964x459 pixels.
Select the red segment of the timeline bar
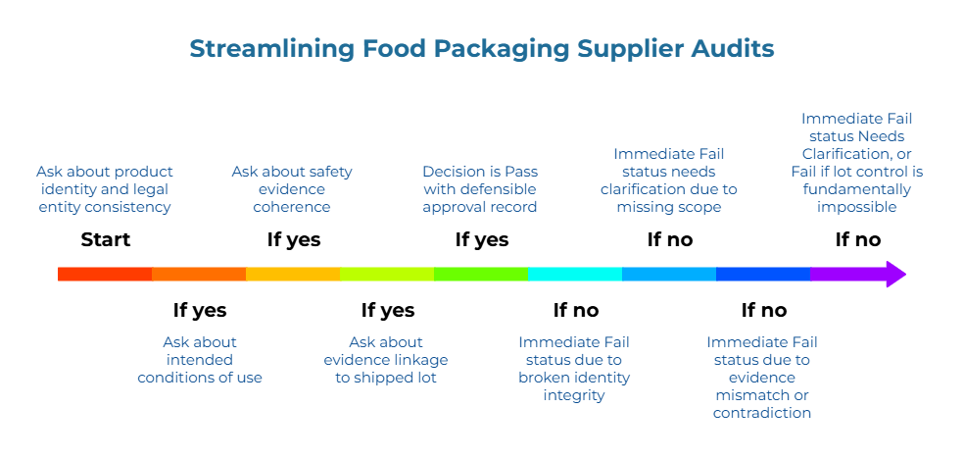tap(105, 274)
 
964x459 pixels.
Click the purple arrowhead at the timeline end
tap(895, 274)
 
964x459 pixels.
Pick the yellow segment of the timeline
tap(293, 274)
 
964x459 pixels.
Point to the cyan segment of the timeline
tap(575, 274)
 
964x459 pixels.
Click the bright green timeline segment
tap(481, 274)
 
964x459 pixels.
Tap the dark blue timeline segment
tap(763, 274)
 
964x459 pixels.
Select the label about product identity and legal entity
tap(105, 189)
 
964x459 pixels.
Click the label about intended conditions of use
tap(200, 360)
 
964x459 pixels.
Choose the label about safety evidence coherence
tap(292, 189)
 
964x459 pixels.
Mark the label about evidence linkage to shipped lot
tap(386, 360)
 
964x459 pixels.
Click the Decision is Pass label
tap(480, 189)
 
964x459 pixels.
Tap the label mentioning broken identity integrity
tap(574, 369)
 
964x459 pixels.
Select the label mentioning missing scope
tap(669, 180)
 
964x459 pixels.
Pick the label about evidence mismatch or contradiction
tap(762, 378)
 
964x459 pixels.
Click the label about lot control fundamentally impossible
tap(857, 163)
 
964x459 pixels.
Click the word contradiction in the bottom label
tap(762, 413)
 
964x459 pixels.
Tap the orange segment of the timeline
tap(199, 274)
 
